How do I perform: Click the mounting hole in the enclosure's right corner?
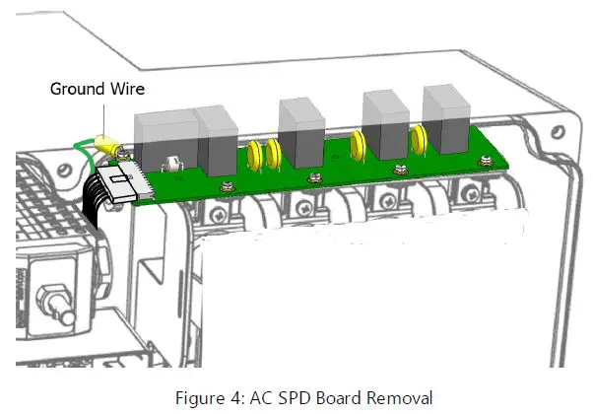coord(559,130)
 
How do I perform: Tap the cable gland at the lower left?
coord(43,296)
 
